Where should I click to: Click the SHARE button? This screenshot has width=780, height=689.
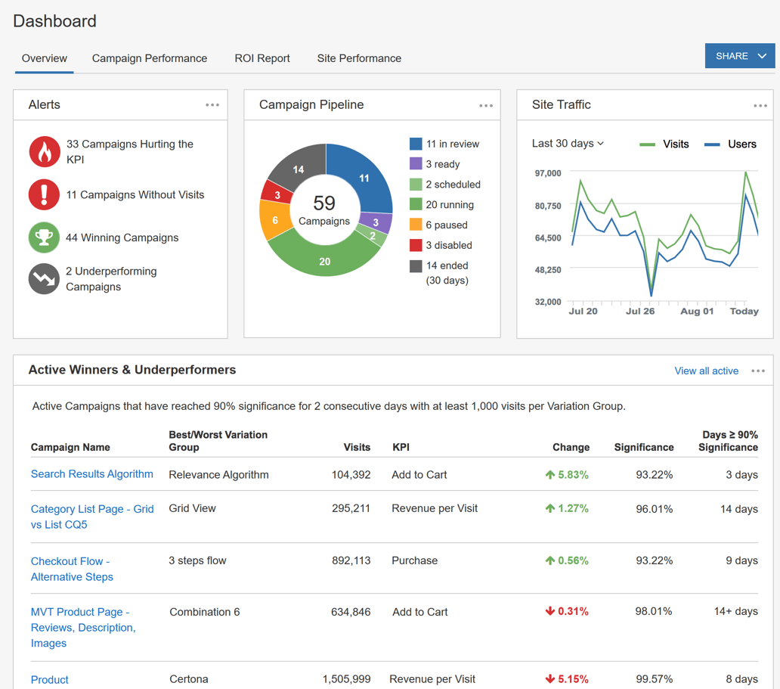click(739, 56)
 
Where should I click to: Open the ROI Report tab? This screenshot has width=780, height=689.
click(262, 58)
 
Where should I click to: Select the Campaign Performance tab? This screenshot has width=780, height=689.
click(150, 58)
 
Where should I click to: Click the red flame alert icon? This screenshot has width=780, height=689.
click(45, 151)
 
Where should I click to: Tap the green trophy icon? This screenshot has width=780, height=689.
click(44, 237)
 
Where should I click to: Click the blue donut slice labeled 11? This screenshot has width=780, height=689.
click(363, 178)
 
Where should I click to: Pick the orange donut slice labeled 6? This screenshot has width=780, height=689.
click(275, 220)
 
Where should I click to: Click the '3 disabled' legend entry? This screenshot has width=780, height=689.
click(441, 245)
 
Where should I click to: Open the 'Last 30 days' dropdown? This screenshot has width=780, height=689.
click(568, 144)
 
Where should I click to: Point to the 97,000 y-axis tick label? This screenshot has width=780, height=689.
click(548, 173)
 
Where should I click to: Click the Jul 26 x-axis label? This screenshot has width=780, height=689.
click(640, 311)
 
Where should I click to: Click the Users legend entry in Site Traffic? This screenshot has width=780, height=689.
click(731, 144)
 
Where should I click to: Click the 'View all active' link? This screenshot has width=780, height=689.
click(706, 371)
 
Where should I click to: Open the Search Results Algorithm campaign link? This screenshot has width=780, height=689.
click(91, 474)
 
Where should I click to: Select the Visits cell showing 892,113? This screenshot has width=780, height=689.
click(351, 560)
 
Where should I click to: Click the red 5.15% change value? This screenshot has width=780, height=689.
click(567, 679)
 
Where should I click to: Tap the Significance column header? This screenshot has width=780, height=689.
click(643, 447)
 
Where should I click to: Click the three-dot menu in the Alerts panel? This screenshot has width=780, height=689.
click(212, 105)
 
